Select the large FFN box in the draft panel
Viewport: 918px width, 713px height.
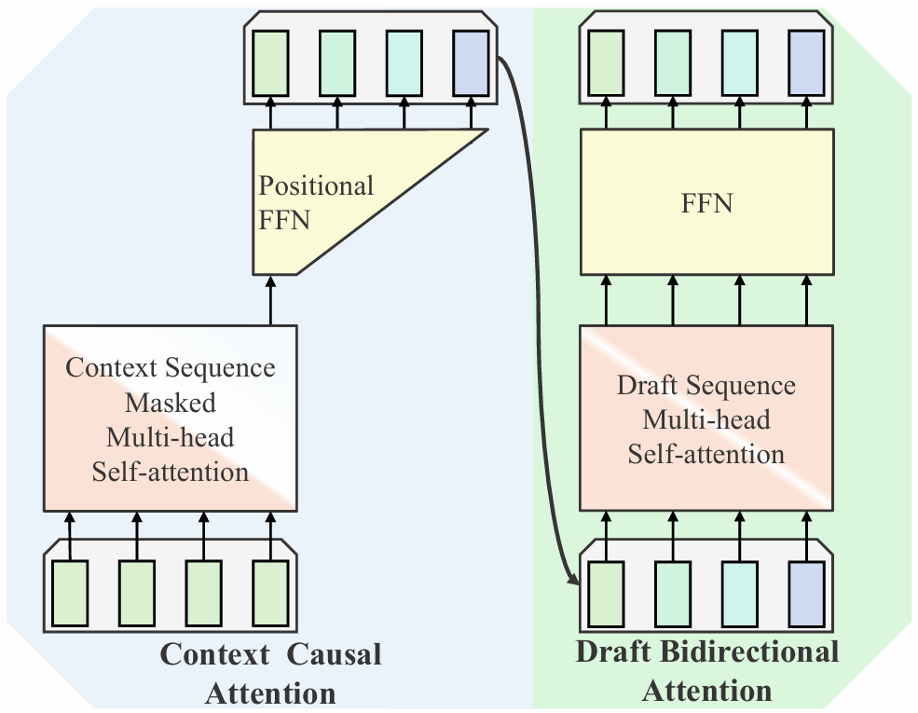pyautogui.click(x=705, y=202)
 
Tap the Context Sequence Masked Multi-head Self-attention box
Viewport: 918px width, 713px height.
pyautogui.click(x=171, y=418)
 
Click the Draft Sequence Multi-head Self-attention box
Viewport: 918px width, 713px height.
pyautogui.click(x=705, y=418)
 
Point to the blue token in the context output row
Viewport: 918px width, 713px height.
pyautogui.click(x=471, y=63)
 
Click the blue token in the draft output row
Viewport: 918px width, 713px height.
pyautogui.click(x=806, y=63)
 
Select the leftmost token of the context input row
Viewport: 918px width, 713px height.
pyautogui.click(x=70, y=592)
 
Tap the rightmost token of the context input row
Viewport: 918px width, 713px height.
pyautogui.click(x=271, y=592)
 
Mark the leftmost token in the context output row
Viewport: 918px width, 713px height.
pyautogui.click(x=271, y=63)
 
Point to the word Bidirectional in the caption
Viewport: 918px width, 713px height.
pyautogui.click(x=751, y=651)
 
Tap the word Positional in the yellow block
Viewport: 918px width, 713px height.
pyautogui.click(x=316, y=185)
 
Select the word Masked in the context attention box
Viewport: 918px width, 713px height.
pyautogui.click(x=171, y=403)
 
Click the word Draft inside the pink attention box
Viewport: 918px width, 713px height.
pyautogui.click(x=649, y=385)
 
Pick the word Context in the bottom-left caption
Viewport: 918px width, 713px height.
pyautogui.click(x=215, y=655)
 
